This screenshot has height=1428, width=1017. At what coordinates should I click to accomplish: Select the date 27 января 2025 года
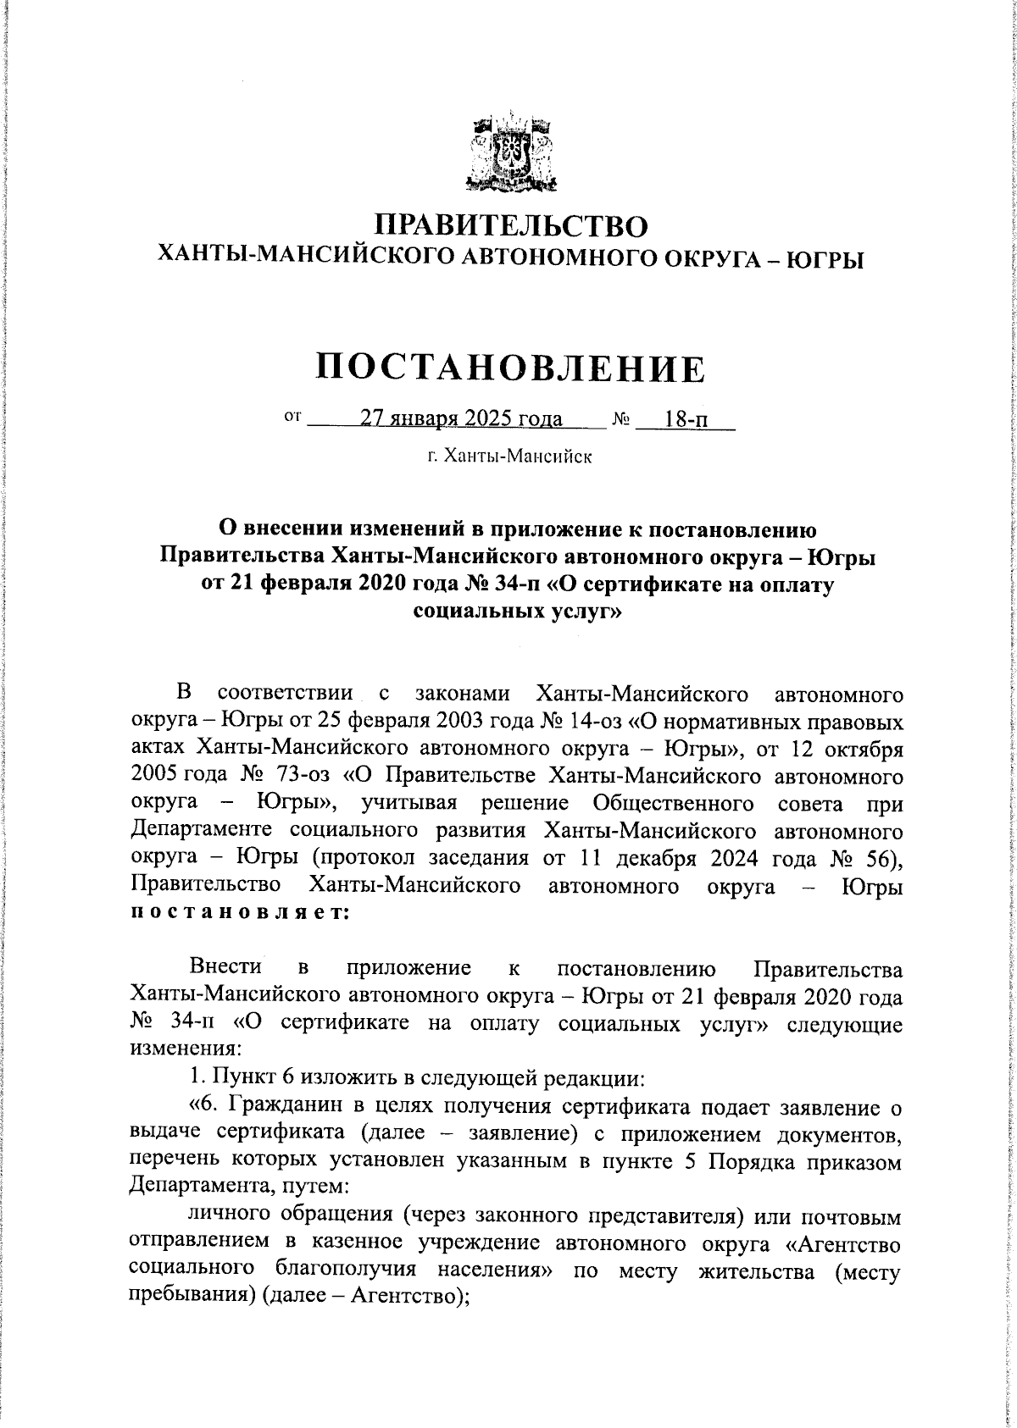click(x=461, y=418)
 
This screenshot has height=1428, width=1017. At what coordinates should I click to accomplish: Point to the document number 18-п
click(x=688, y=419)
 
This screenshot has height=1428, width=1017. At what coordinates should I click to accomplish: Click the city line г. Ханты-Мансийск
click(x=509, y=457)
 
